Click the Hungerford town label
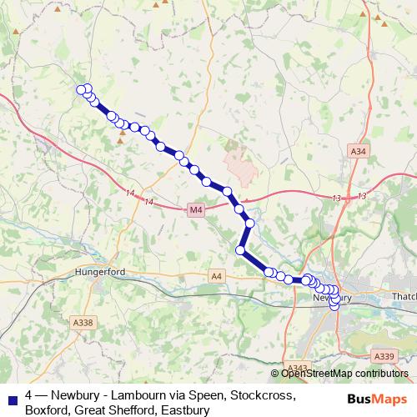pyautogui.click(x=99, y=272)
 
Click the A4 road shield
pyautogui.click(x=217, y=275)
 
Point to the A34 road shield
pyautogui.click(x=358, y=151)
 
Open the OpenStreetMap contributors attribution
pyautogui.click(x=343, y=374)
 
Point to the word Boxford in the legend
pyautogui.click(x=49, y=410)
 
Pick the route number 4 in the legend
pyautogui.click(x=29, y=396)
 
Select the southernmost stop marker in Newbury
pyautogui.click(x=335, y=306)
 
